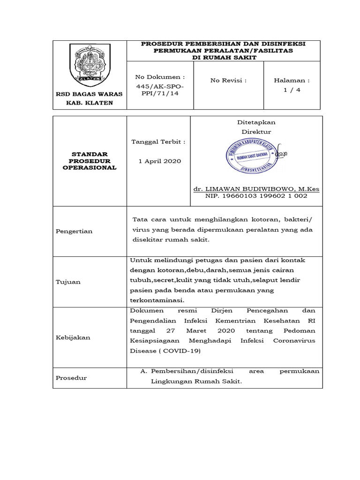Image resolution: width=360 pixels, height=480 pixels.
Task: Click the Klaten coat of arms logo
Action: click(90, 64)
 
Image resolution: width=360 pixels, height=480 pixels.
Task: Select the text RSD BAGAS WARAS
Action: click(90, 94)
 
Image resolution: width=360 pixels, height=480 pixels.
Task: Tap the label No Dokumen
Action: click(160, 76)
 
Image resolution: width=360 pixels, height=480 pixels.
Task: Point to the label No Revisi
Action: click(228, 80)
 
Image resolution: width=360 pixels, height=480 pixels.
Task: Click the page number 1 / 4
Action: click(292, 90)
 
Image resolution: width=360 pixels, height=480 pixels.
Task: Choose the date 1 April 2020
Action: click(159, 161)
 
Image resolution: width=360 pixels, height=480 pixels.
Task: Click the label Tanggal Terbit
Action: click(158, 142)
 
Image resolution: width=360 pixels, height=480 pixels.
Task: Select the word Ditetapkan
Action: click(256, 122)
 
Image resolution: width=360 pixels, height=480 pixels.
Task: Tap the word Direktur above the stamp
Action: click(256, 132)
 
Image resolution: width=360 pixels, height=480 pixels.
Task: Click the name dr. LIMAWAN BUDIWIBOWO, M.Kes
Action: click(256, 189)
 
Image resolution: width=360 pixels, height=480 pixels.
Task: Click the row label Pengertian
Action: click(74, 231)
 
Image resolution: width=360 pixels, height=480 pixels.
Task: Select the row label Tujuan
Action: click(68, 282)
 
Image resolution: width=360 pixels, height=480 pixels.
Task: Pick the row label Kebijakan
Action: click(73, 337)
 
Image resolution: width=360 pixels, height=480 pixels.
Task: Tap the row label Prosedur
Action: click(71, 378)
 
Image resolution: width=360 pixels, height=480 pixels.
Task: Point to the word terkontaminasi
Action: click(157, 300)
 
